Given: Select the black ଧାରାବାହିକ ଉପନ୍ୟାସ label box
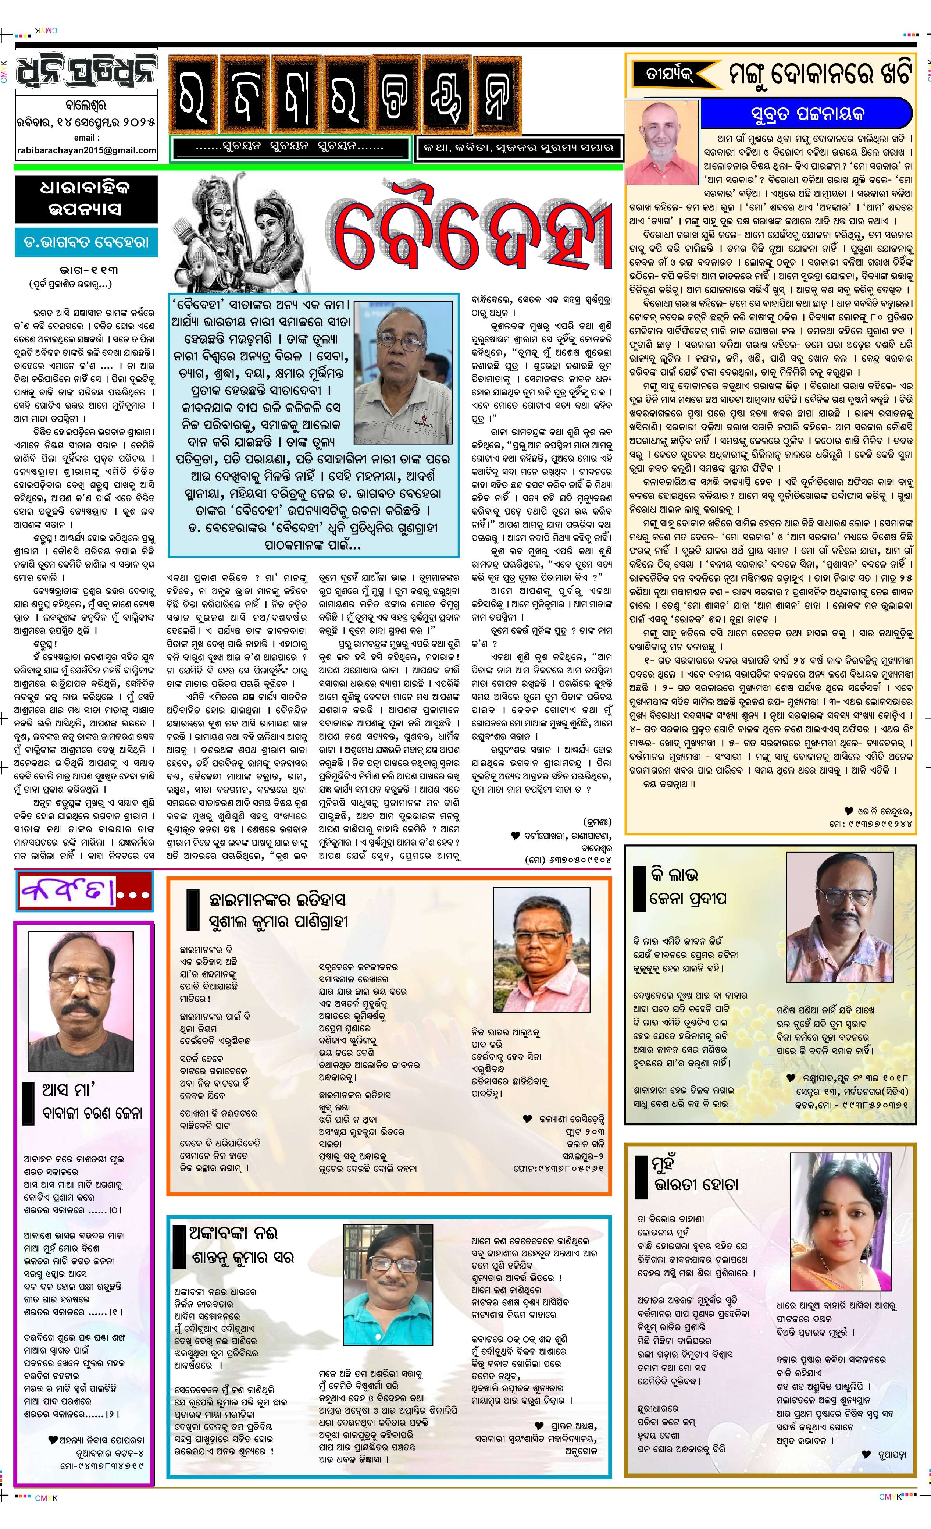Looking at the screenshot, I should click(86, 199).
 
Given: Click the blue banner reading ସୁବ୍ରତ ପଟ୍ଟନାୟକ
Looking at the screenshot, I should click(806, 114).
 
